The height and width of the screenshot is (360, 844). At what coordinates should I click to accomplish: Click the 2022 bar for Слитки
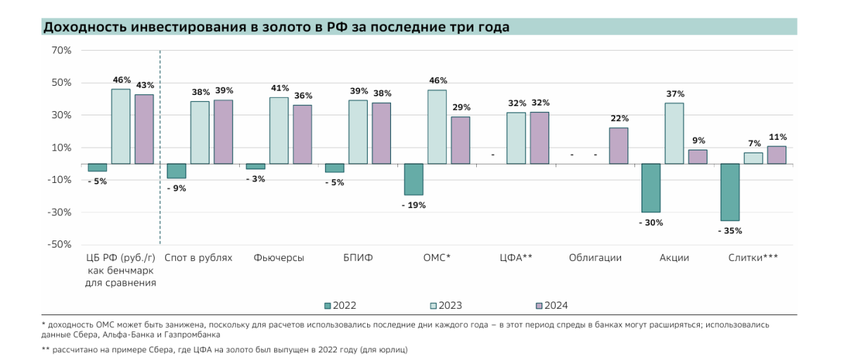coord(729,192)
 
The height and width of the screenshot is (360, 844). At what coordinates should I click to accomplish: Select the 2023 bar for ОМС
coord(437,127)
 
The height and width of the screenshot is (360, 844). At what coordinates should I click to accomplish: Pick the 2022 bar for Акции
coord(651,188)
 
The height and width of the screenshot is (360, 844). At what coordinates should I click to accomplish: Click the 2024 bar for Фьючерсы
coord(302,134)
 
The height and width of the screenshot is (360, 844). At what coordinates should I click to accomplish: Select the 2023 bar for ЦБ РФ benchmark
coord(121,127)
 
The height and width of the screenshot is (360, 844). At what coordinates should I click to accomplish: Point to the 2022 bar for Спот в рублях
coord(177,171)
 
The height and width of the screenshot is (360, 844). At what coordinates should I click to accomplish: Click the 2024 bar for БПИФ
coord(381,134)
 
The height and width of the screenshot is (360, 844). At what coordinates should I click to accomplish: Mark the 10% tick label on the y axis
coord(61,148)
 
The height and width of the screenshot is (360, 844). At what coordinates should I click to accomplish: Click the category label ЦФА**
coord(516,258)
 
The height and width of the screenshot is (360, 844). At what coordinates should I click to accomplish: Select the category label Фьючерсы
coord(279,258)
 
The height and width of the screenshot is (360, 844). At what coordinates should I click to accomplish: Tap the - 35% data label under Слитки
coord(729,231)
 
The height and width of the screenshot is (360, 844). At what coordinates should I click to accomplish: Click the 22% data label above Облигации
coord(620,118)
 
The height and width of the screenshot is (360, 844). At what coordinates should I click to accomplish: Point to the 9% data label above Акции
coord(698,141)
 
